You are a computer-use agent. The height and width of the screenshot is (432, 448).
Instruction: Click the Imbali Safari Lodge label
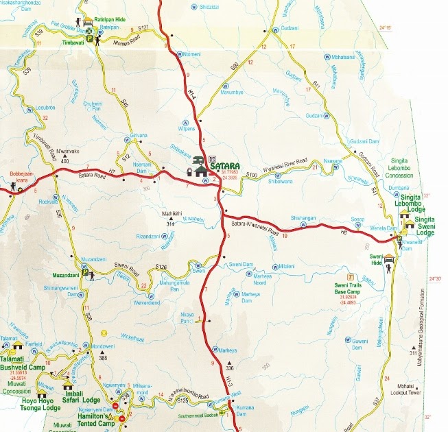82,396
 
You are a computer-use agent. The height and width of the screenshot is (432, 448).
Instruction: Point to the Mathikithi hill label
172,213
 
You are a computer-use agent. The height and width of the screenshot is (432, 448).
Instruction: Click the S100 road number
252,176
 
